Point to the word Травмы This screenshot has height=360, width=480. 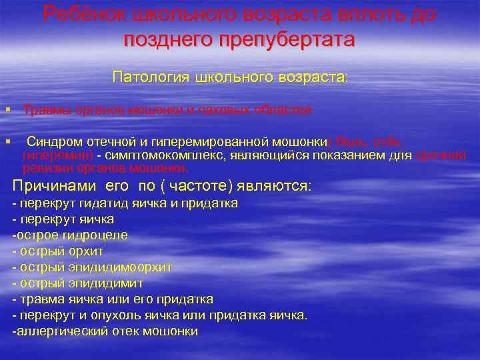coord(43,111)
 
